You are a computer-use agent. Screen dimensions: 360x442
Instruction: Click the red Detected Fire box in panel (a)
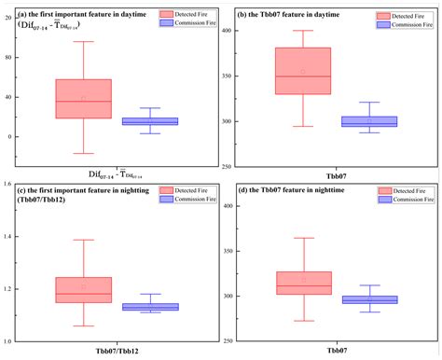coord(83,99)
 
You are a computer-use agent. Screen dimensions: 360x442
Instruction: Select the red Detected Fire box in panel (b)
coord(328,71)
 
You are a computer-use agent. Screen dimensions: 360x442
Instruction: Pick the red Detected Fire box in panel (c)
coord(83,289)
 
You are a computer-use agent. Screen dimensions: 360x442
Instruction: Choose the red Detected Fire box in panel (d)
coord(303,283)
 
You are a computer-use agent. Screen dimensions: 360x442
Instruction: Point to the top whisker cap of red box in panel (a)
coord(83,41)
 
